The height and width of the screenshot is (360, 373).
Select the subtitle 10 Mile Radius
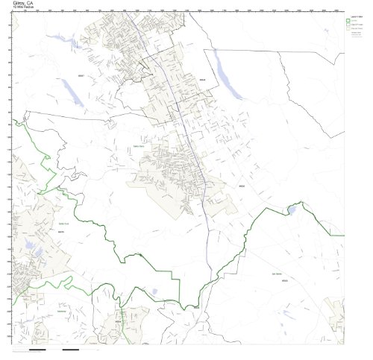[x=22, y=8]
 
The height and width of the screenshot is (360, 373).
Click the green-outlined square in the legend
[x=349, y=21]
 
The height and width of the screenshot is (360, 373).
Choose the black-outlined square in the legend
[x=349, y=26]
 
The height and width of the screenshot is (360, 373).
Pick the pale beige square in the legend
[x=349, y=31]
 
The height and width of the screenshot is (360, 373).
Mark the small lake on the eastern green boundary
[x=291, y=211]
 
